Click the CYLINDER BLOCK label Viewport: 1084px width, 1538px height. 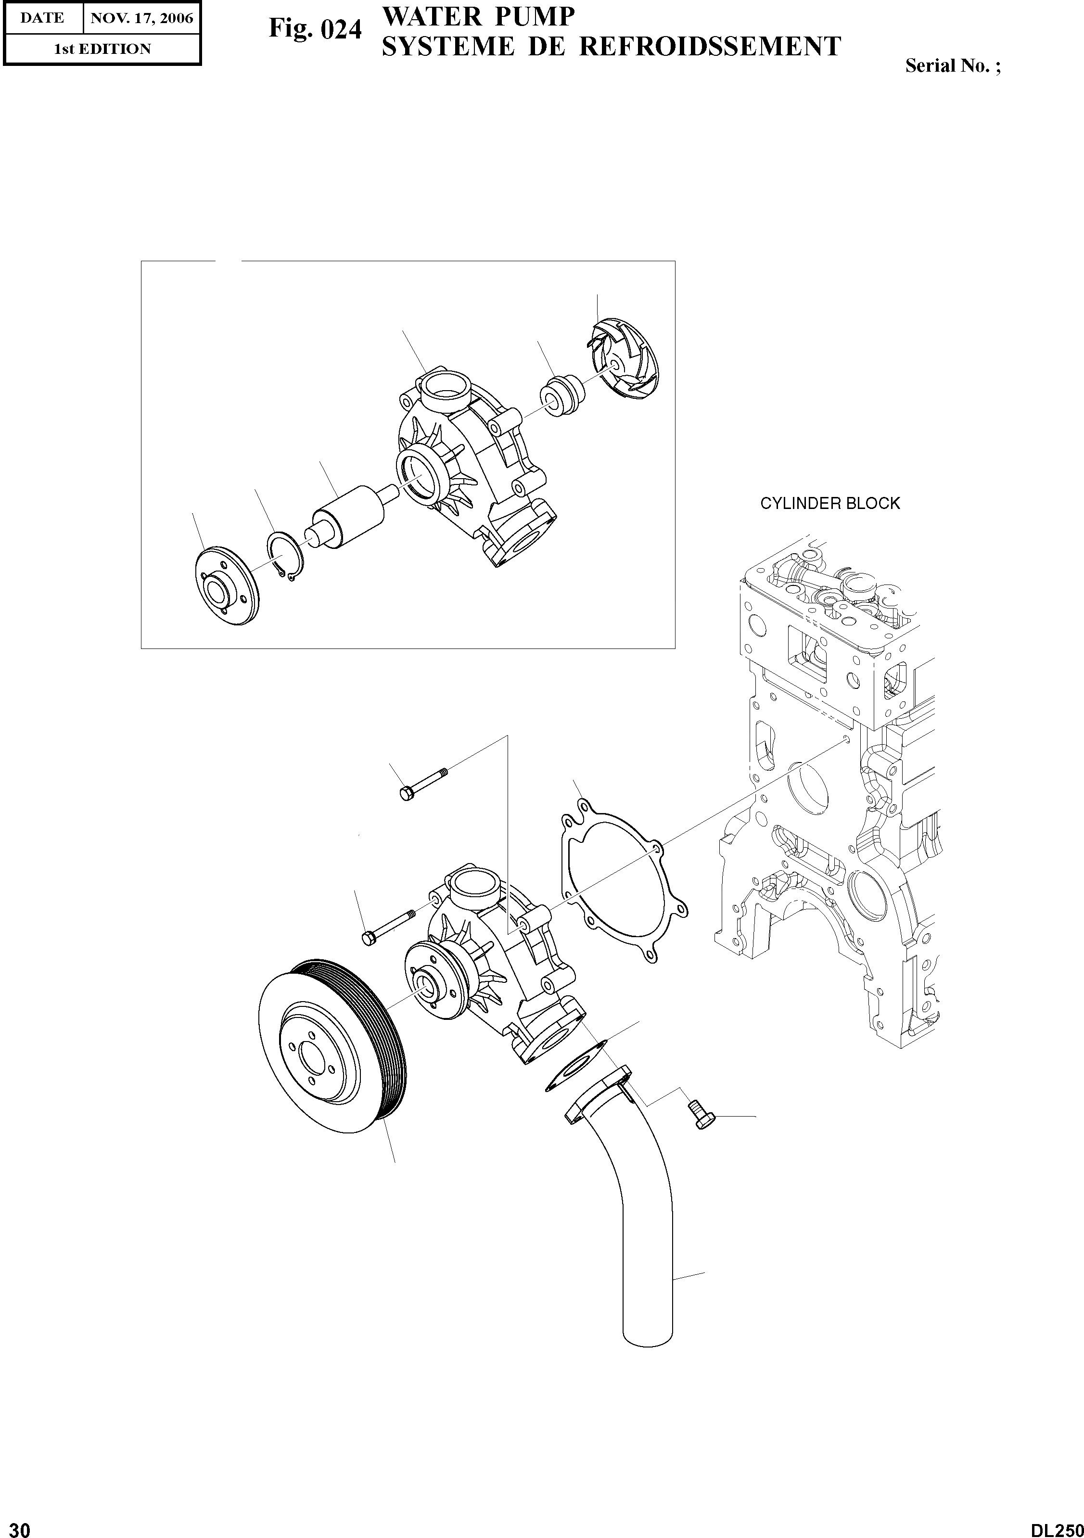(829, 503)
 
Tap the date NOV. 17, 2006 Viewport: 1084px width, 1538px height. (141, 18)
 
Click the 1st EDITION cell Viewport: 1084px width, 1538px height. (102, 49)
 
